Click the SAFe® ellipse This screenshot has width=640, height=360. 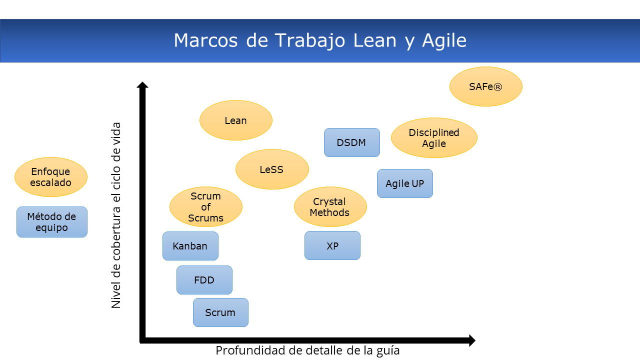point(485,86)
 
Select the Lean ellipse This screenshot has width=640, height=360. point(235,120)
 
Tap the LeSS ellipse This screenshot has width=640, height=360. point(272,169)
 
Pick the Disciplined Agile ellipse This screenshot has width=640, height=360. point(434,137)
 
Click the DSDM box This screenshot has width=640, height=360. point(351,142)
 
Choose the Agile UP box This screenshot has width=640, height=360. point(405,183)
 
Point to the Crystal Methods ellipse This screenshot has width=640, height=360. point(330,207)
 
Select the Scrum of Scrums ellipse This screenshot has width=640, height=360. point(205,207)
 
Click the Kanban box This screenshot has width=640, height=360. point(190,245)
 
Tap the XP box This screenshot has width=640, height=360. point(332,245)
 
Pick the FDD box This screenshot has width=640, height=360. point(204,279)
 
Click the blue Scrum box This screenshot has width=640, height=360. point(220,312)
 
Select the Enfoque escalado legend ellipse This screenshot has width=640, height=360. point(51,177)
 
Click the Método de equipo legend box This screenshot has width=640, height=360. point(51,222)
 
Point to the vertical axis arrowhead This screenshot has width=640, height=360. point(142,85)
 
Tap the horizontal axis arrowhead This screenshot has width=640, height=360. point(472,340)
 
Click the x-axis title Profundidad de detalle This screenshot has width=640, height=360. point(307,350)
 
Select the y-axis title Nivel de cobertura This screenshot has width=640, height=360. point(116,215)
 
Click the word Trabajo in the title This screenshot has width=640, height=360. point(310,40)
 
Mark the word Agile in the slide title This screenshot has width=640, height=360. point(444,40)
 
